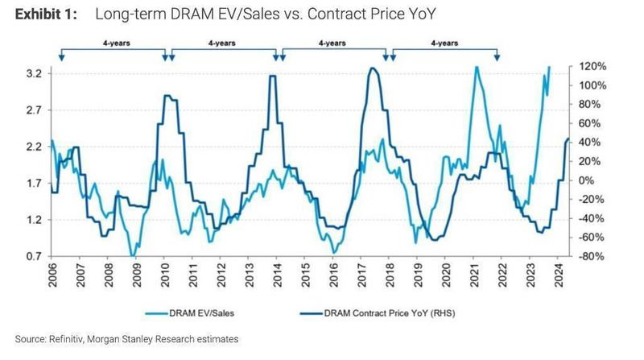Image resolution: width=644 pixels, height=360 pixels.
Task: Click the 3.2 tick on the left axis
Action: coord(33,74)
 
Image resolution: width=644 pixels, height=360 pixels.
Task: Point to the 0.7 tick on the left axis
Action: coord(33,256)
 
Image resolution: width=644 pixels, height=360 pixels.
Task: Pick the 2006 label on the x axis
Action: coord(53,278)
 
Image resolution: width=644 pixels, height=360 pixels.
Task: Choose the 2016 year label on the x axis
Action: coord(334,278)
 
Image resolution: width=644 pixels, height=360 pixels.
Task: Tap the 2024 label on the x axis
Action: coord(559,278)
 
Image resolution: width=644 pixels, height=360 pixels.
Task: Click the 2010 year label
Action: coord(165,278)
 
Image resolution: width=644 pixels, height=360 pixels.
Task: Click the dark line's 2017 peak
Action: coord(373,68)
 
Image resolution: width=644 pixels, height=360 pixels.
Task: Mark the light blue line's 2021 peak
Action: coord(477,68)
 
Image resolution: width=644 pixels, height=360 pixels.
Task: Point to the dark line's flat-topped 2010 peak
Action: coord(169,96)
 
